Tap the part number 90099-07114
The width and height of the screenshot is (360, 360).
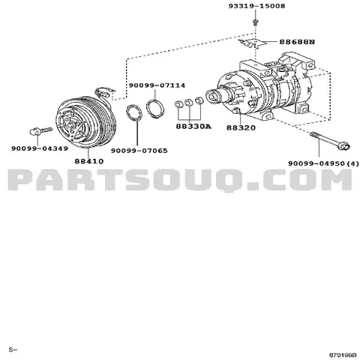pos(156,85)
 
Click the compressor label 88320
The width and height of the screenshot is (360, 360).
pos(241,127)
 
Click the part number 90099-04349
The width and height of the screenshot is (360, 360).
pos(34,148)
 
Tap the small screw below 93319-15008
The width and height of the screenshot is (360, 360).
pos(255,24)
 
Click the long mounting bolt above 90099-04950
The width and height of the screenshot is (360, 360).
pos(325,141)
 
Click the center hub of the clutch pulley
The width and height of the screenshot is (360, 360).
pos(73,124)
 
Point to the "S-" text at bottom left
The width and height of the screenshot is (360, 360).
pos(12,349)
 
